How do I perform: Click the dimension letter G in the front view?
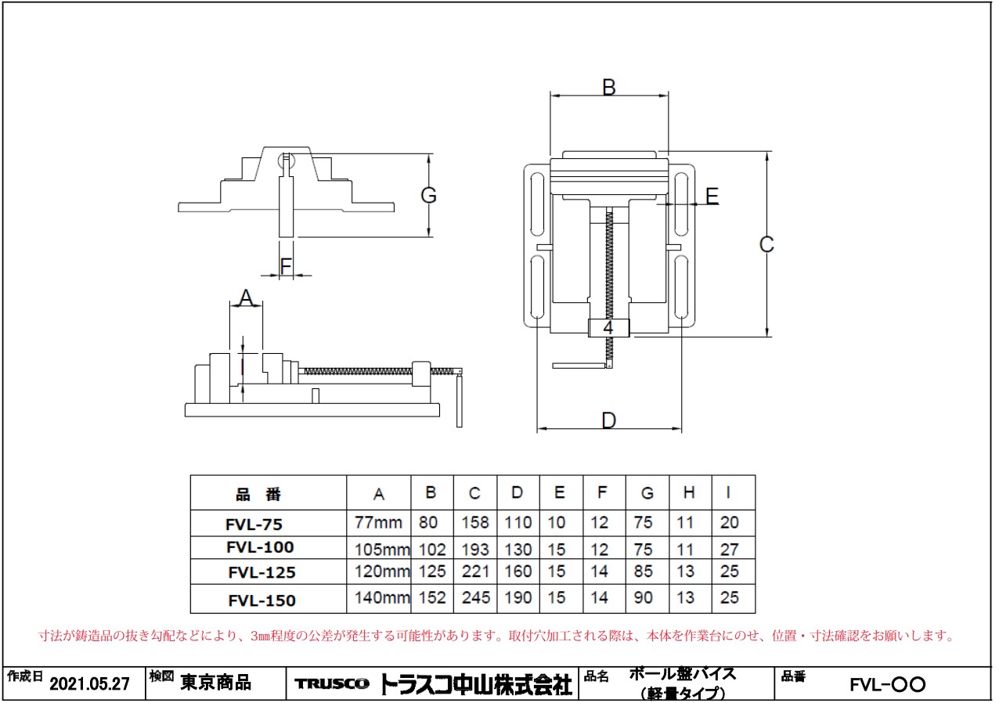point(428,196)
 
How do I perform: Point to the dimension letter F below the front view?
point(286,266)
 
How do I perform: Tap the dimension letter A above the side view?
point(246,298)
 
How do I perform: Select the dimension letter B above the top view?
point(608,88)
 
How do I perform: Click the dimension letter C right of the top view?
point(767,244)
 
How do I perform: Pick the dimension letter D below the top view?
point(608,420)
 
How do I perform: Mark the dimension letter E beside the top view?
point(712,196)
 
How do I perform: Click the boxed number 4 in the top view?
point(608,328)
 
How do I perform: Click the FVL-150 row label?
point(261,600)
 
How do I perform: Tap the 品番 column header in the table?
point(258,495)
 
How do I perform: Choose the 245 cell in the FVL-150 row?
point(475,598)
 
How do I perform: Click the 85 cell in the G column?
point(647,572)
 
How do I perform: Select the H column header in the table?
point(688,493)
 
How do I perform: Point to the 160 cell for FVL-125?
point(518,572)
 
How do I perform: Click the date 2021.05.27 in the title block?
point(89,684)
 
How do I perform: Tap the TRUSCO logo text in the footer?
point(332,684)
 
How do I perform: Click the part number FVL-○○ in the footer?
point(887,685)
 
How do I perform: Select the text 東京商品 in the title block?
point(216,683)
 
